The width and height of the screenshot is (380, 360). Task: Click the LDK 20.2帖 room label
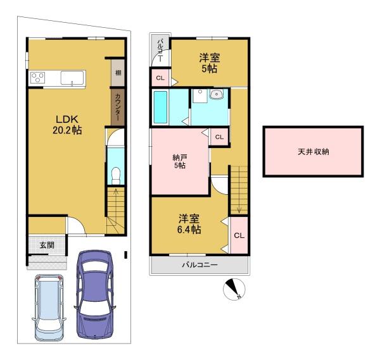(x=67, y=125)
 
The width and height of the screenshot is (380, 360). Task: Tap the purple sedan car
(x=95, y=294)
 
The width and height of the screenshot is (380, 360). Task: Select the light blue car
(x=49, y=307)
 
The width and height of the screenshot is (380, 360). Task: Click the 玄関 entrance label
(x=47, y=245)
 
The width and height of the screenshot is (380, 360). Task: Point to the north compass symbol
(x=234, y=289)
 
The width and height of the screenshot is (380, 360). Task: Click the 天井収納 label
(x=313, y=152)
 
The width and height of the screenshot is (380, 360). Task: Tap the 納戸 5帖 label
(x=180, y=161)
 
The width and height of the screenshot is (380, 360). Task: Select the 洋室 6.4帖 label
(x=189, y=224)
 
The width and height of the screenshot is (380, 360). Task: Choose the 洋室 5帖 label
(x=210, y=63)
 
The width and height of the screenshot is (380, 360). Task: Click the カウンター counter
(x=118, y=108)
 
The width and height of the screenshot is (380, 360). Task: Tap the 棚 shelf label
(x=118, y=72)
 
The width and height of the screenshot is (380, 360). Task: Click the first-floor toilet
(x=116, y=175)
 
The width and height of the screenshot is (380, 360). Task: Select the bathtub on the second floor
(x=160, y=107)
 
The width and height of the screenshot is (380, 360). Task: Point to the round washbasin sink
(x=215, y=94)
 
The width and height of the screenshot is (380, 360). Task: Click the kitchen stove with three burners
(x=37, y=77)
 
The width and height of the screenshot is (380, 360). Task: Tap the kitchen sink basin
(x=72, y=78)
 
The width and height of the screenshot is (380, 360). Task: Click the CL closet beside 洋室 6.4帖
(x=239, y=235)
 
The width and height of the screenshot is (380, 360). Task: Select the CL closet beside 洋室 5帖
(x=160, y=78)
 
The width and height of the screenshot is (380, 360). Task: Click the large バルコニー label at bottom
(x=199, y=265)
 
